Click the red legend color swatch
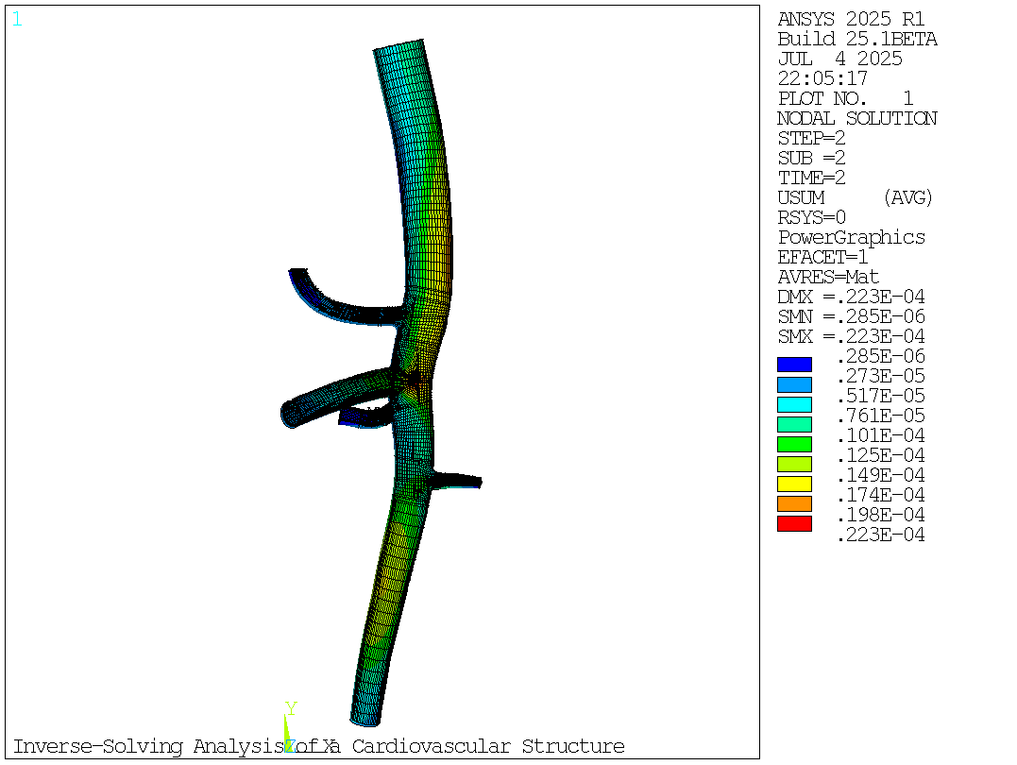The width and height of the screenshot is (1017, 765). (x=794, y=523)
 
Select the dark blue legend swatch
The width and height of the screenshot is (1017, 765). (x=794, y=365)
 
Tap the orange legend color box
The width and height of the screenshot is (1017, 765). (x=794, y=503)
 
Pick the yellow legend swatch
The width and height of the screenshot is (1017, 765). (x=794, y=484)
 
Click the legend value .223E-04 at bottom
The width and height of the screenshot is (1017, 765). (x=880, y=535)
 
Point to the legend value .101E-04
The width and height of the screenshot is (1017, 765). (x=880, y=436)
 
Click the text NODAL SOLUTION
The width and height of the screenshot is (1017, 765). (x=856, y=119)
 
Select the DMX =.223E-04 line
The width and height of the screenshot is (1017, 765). (x=851, y=297)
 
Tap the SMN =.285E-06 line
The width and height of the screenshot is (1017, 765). (x=851, y=317)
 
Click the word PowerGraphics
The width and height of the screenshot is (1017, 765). (x=851, y=238)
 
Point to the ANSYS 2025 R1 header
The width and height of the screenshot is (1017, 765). (x=851, y=20)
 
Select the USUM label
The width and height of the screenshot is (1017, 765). (x=801, y=198)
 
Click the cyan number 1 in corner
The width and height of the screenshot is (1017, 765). (x=17, y=20)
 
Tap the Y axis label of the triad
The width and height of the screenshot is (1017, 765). (x=291, y=709)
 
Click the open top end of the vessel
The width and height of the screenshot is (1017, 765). (x=398, y=46)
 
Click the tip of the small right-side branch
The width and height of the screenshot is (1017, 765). (x=478, y=482)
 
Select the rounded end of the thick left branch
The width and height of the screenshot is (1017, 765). (x=289, y=414)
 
